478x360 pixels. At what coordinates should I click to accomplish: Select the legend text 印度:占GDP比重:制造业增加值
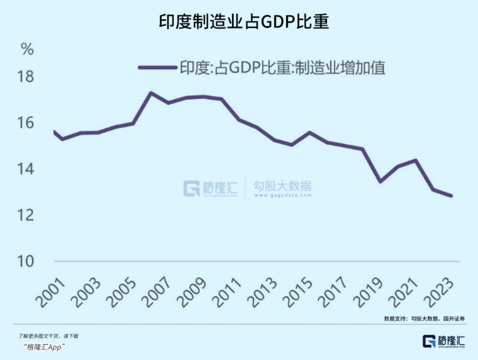point(282,68)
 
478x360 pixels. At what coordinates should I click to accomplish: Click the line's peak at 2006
point(151,93)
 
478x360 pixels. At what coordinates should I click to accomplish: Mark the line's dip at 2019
point(380,182)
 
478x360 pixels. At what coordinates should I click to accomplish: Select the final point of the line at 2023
point(451,196)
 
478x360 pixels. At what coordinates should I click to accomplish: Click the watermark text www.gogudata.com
point(282,196)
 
